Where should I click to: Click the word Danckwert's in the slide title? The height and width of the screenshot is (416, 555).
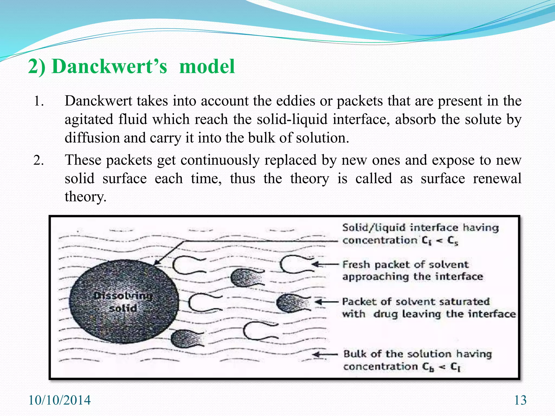[x=109, y=67]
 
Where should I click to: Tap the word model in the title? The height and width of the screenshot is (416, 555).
[x=207, y=67]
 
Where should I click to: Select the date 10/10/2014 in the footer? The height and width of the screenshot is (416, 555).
[x=59, y=400]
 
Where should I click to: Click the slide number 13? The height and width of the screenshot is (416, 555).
[x=520, y=400]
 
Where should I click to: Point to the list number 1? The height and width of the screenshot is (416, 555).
[x=38, y=101]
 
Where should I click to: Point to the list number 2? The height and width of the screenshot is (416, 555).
[x=38, y=160]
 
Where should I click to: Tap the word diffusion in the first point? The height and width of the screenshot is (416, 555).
[x=92, y=138]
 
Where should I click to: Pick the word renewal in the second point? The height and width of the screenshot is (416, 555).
[x=497, y=179]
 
